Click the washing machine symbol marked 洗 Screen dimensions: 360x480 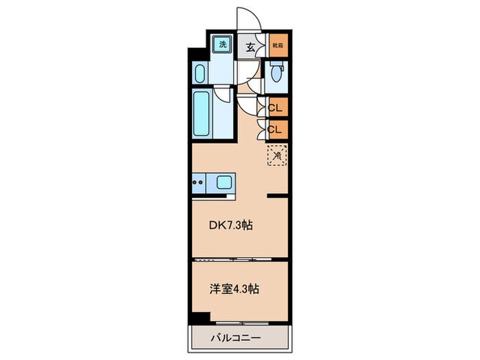coord(222,45)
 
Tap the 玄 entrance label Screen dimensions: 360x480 coord(251,47)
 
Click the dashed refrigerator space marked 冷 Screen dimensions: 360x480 coord(277,156)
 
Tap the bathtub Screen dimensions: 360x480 coord(203,114)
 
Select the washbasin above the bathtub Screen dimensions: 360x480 coord(200,74)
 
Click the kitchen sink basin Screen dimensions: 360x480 coord(224,183)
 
